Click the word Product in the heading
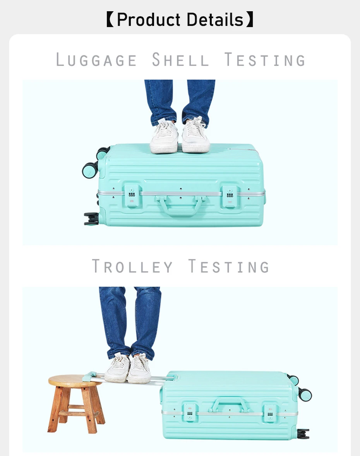click(148, 20)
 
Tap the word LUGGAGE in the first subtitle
click(96, 60)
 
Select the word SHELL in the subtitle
click(180, 60)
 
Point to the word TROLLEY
click(132, 267)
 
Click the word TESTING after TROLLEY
click(229, 267)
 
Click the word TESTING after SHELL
click(265, 60)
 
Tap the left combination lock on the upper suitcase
click(132, 196)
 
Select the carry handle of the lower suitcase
click(230, 404)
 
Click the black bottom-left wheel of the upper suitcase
click(91, 219)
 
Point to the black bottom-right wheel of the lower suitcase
click(303, 433)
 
